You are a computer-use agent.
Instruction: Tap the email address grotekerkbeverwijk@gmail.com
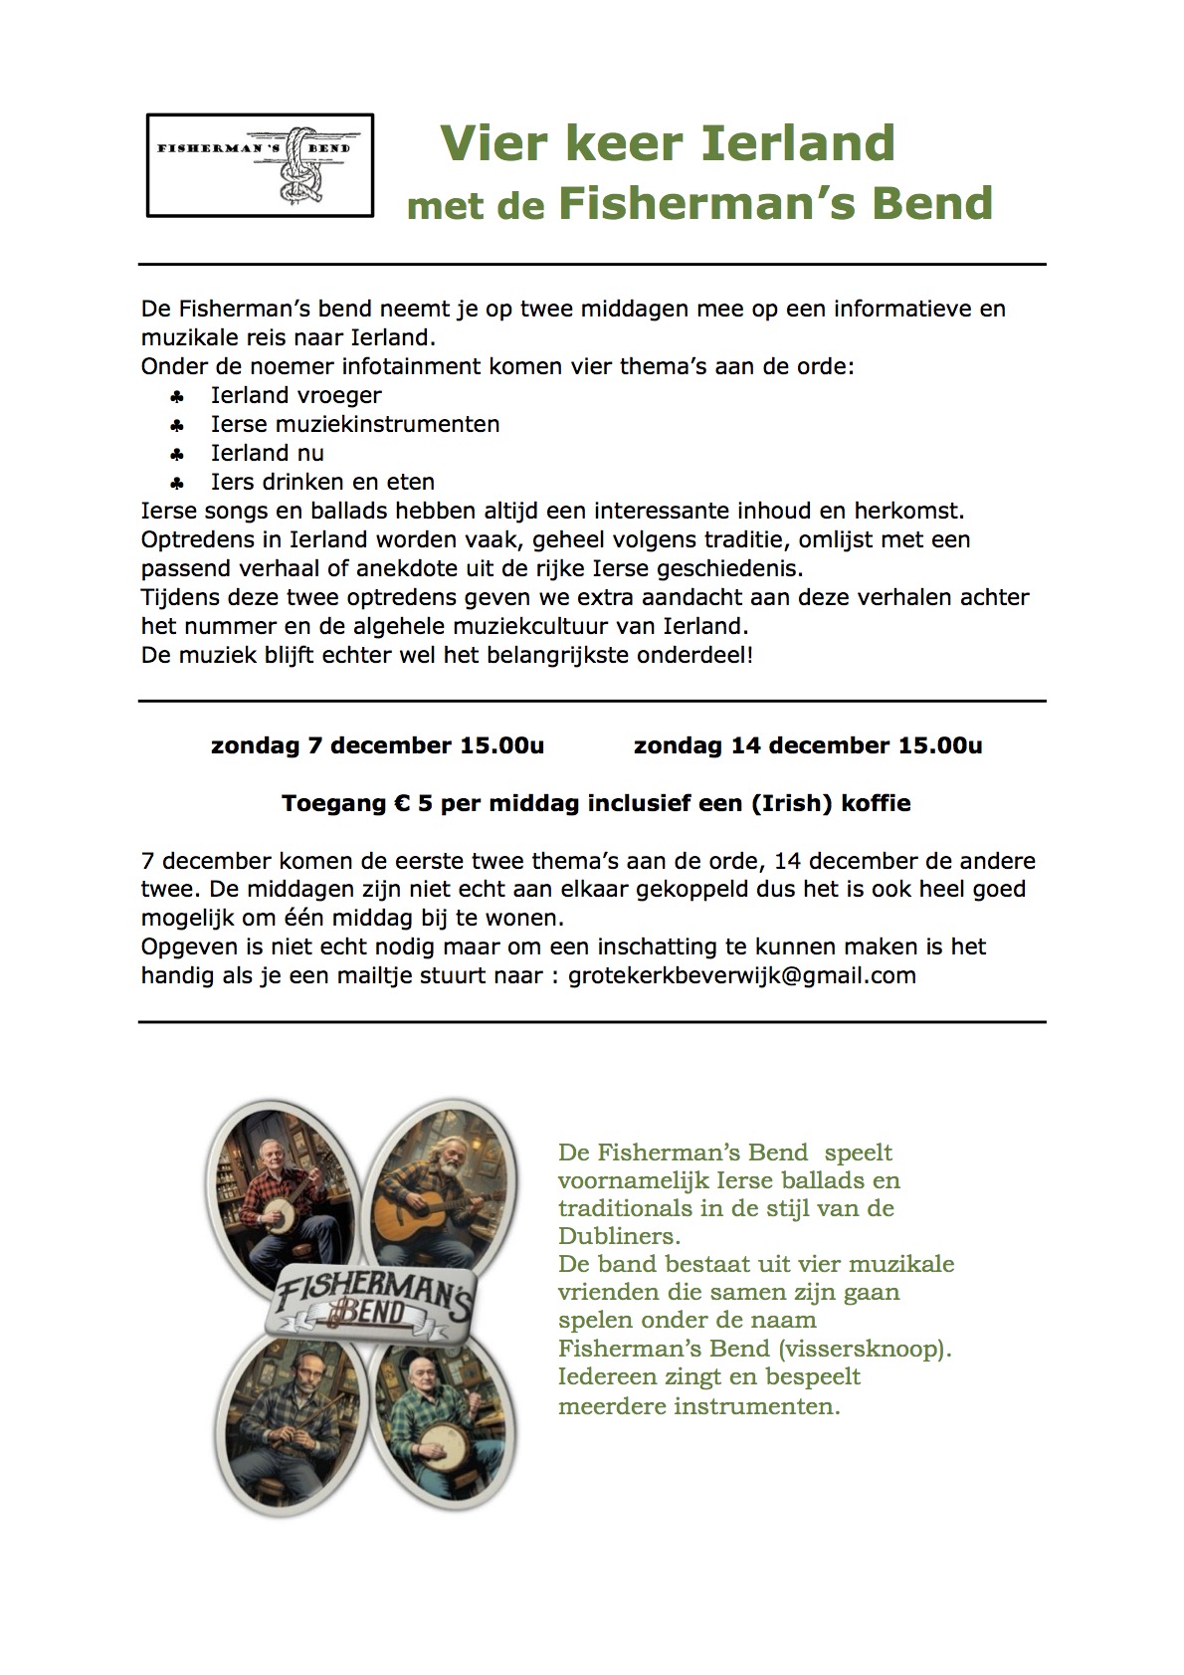point(741,975)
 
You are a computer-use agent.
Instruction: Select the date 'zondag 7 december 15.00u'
point(377,745)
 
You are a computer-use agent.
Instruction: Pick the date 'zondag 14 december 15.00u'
point(807,745)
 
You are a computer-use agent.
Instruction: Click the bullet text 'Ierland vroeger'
point(296,395)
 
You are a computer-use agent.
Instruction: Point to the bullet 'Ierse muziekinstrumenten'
point(354,424)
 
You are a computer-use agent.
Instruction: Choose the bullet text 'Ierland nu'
point(267,453)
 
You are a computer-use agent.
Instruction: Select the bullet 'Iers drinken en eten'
point(322,482)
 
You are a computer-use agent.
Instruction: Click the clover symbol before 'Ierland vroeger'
point(177,396)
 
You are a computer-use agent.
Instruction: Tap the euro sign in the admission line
point(398,803)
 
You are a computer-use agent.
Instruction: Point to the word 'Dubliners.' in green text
point(618,1236)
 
